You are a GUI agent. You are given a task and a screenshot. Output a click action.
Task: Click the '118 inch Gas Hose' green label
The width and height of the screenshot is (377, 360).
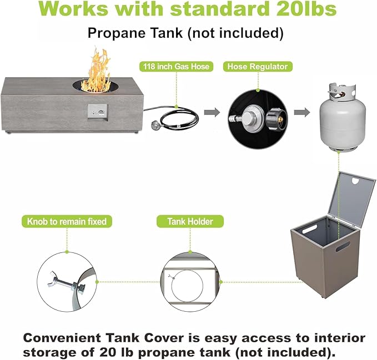click(176, 67)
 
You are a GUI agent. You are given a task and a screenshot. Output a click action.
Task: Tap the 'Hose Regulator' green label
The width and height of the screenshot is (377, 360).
click(258, 67)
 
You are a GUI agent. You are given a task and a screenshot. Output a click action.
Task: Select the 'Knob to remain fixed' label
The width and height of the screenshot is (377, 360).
click(67, 221)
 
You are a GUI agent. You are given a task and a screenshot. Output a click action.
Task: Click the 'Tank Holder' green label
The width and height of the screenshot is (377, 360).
click(190, 221)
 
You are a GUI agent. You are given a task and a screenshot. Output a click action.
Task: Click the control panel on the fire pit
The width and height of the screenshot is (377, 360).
click(97, 113)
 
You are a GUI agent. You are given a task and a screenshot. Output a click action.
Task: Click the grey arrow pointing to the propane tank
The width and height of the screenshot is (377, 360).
click(302, 112)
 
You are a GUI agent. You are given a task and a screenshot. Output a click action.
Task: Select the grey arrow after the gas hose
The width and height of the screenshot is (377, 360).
click(212, 112)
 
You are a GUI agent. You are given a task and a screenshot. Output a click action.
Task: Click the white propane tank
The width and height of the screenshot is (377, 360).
click(343, 117)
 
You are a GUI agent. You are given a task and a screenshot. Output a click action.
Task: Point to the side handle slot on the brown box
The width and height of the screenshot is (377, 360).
click(343, 247)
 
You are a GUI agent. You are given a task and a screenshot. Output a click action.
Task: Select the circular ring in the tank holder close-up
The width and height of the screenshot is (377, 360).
click(187, 286)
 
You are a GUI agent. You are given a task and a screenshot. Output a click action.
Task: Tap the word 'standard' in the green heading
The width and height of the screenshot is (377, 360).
click(219, 9)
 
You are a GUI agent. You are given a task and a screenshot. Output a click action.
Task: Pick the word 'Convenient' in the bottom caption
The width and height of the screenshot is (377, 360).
click(62, 338)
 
